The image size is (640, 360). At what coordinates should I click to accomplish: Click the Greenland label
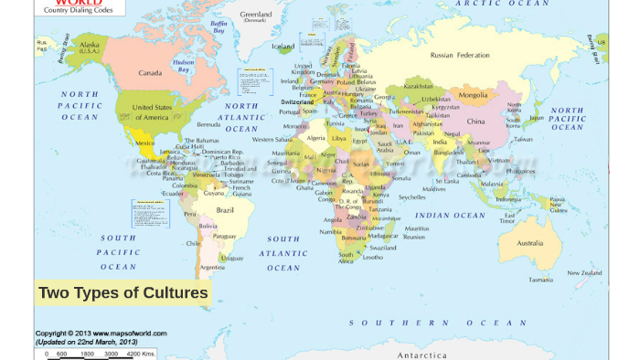(x=256, y=15)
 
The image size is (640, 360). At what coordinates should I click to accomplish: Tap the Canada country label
(x=150, y=72)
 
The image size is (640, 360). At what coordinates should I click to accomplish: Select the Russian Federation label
(x=460, y=55)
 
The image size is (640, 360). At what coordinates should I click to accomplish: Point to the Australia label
(x=529, y=243)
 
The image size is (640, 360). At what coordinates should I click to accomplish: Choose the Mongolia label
(x=473, y=95)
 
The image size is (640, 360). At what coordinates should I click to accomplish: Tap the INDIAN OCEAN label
(x=451, y=216)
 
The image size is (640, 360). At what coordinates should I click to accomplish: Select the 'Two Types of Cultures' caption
(x=123, y=292)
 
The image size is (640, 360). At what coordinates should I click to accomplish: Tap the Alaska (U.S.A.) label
(x=90, y=47)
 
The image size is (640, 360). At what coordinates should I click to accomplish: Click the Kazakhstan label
(x=419, y=87)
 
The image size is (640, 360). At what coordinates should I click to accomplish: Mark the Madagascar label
(x=389, y=235)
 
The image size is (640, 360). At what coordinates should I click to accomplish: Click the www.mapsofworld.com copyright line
(x=86, y=334)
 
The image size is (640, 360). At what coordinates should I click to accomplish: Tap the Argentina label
(x=212, y=267)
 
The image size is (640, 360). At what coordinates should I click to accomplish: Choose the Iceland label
(x=283, y=46)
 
